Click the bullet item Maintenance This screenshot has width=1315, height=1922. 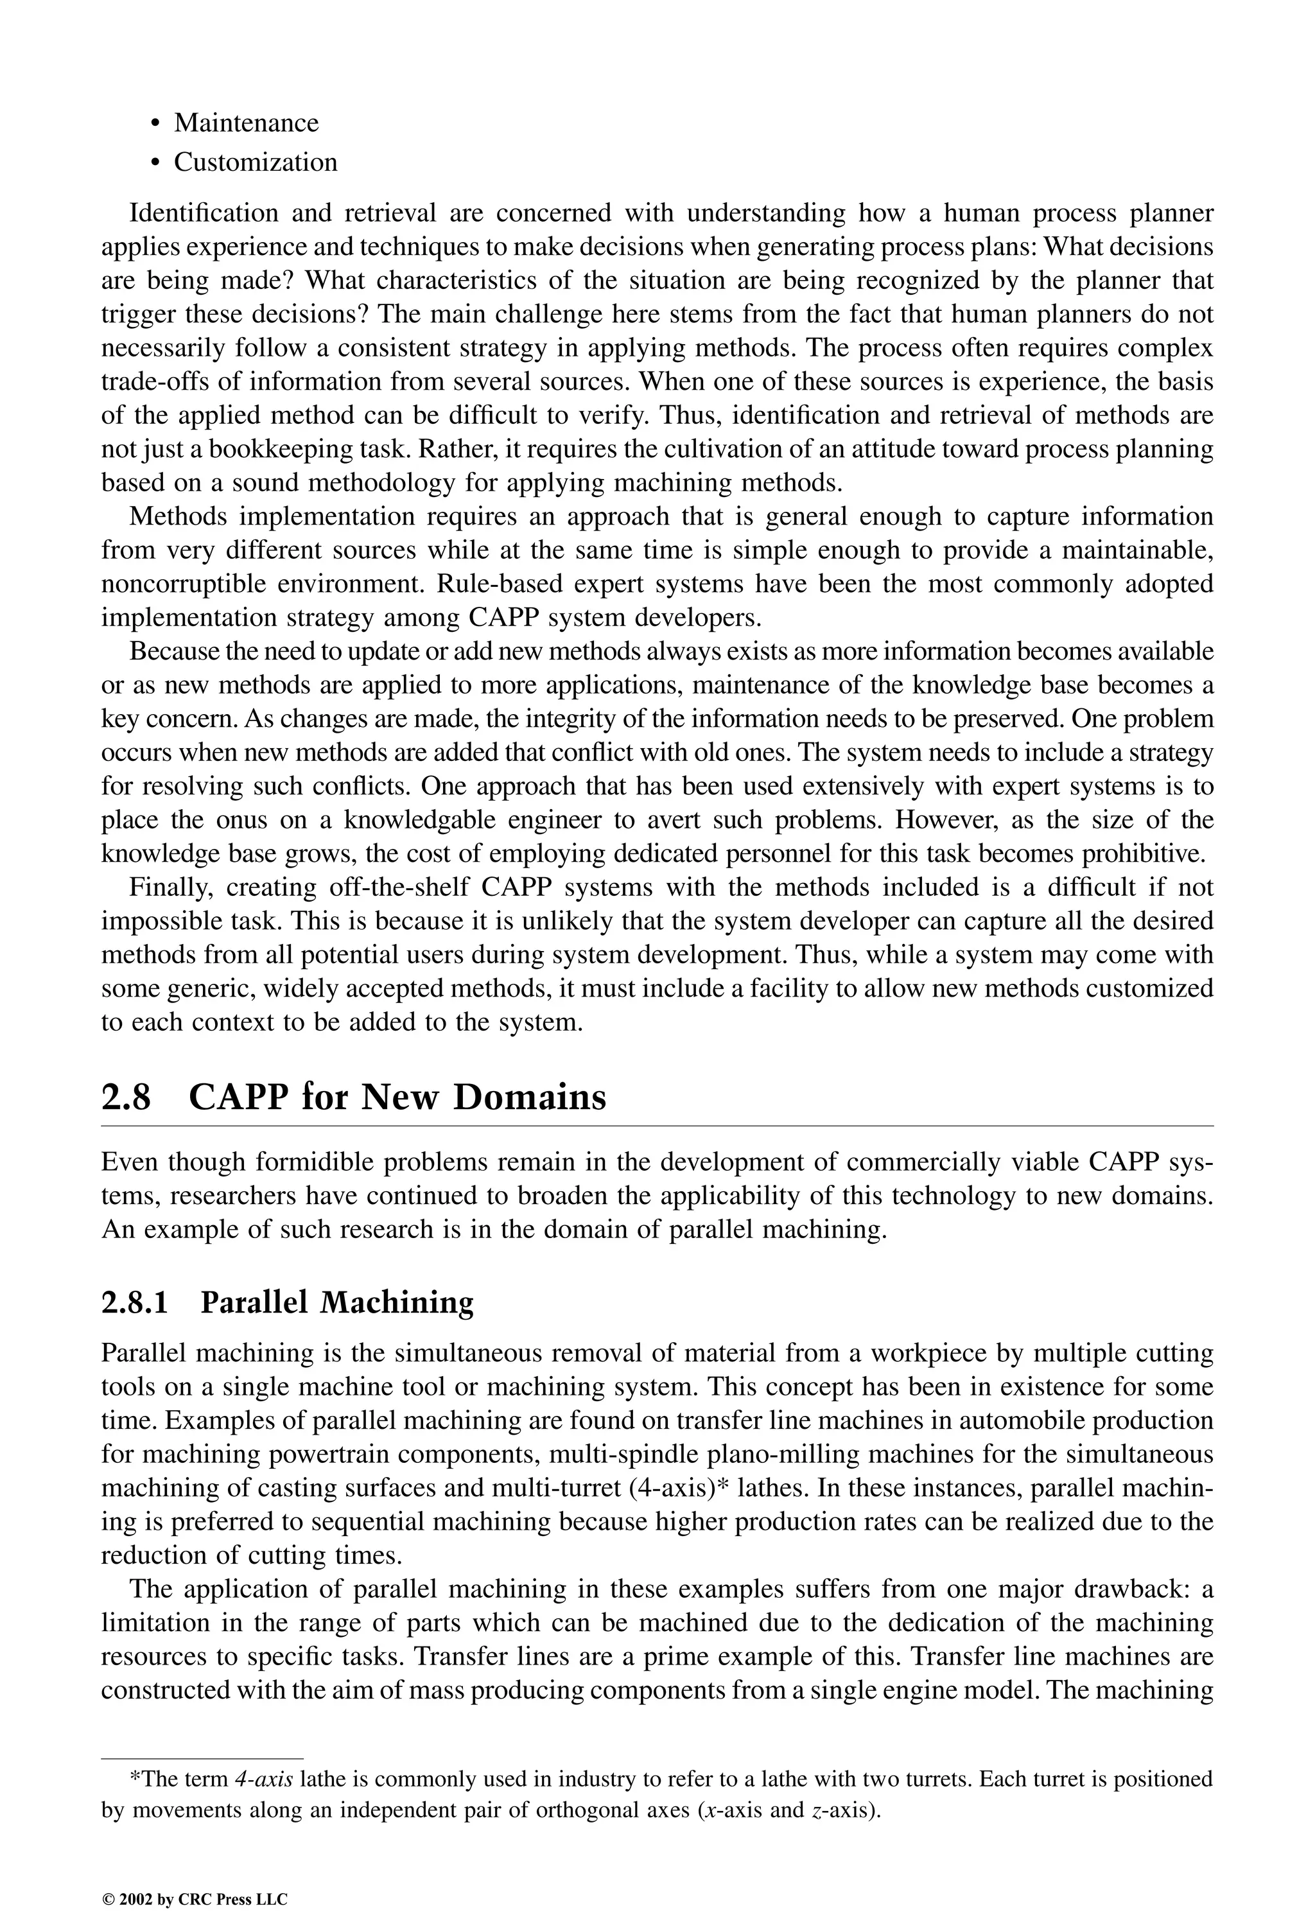(x=246, y=123)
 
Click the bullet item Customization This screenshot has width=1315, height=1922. (x=255, y=162)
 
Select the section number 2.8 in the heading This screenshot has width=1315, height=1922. (x=126, y=1097)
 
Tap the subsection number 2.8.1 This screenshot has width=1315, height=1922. (x=134, y=1302)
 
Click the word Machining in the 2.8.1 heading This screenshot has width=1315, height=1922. (x=396, y=1302)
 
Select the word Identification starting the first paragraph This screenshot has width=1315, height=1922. (x=204, y=213)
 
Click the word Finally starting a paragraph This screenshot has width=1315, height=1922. (x=172, y=887)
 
